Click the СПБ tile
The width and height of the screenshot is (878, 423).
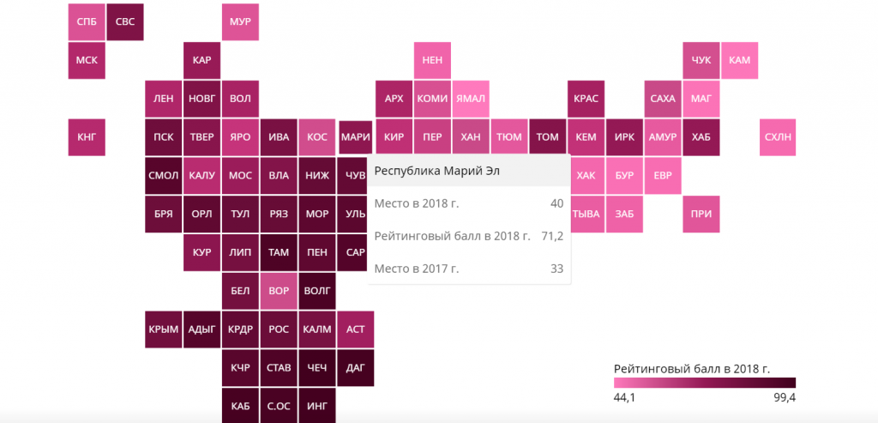[87, 21]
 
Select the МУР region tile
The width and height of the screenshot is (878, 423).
[241, 21]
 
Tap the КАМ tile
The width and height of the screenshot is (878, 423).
[739, 60]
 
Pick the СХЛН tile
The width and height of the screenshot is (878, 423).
[779, 137]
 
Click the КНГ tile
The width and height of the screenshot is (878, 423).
[87, 137]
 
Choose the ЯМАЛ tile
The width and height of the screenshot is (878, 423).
[471, 99]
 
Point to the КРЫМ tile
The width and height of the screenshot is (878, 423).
[163, 329]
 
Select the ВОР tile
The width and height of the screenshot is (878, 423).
[279, 291]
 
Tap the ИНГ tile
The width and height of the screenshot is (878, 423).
[317, 405]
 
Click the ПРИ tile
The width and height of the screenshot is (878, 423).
[701, 214]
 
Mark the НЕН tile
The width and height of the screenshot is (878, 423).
[432, 60]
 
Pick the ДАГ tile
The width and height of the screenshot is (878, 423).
[355, 367]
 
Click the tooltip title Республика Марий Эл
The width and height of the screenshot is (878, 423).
[436, 171]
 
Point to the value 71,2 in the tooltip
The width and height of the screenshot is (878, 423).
[551, 236]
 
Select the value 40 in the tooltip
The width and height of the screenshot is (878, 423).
[556, 203]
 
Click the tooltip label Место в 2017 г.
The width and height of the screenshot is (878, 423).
[417, 269]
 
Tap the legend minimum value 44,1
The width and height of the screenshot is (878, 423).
[624, 398]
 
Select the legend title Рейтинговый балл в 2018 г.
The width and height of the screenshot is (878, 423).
[692, 368]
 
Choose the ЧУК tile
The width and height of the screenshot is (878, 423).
[701, 60]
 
